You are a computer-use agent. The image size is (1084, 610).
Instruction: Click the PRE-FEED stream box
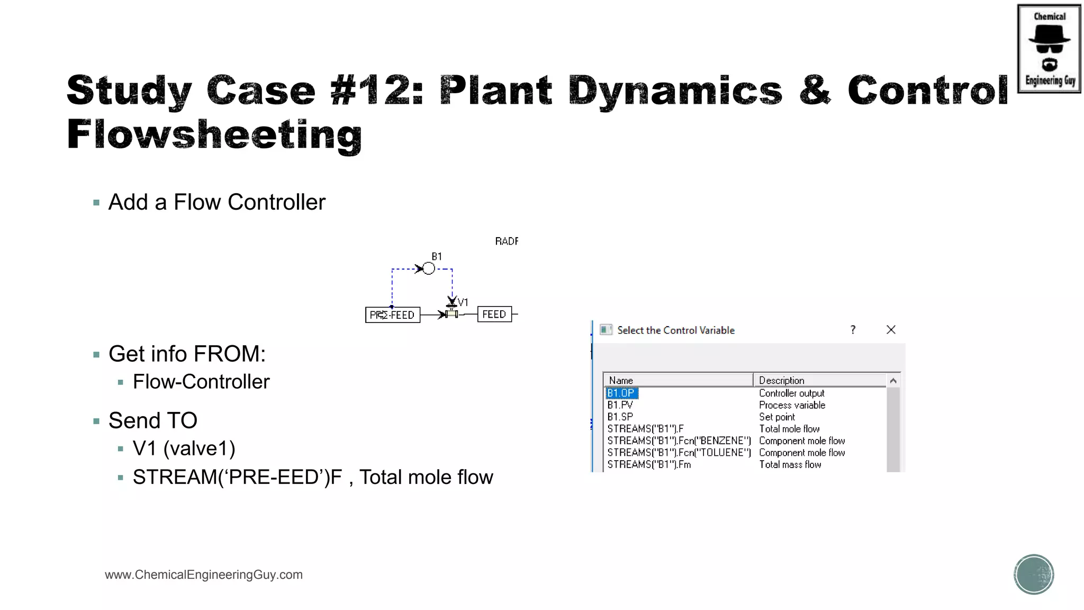point(392,315)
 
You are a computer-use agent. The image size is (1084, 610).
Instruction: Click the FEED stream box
point(494,314)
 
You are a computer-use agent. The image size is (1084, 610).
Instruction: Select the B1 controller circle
point(429,269)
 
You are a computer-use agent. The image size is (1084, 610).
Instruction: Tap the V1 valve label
point(463,302)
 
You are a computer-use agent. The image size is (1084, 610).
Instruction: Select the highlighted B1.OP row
point(621,393)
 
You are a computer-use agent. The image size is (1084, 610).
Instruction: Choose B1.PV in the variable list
point(620,405)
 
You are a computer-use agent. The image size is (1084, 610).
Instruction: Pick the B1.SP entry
point(620,417)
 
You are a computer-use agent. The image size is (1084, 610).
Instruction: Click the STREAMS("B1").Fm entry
point(649,464)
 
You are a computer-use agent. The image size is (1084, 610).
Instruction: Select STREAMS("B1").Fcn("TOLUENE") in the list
point(679,453)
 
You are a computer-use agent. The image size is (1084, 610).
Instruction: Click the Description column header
point(781,380)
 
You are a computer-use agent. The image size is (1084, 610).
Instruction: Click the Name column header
point(621,380)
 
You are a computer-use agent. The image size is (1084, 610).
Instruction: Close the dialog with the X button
point(891,330)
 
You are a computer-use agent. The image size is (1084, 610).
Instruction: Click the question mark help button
point(853,330)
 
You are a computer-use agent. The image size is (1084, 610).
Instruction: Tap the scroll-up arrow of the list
point(893,381)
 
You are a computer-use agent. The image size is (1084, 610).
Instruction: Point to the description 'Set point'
point(776,417)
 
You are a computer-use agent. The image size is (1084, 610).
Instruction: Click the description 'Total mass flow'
point(790,464)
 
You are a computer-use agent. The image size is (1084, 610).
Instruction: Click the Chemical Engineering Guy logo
point(1049,49)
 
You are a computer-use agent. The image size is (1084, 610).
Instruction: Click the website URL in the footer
point(204,575)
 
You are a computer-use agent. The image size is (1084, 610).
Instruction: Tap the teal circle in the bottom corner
point(1034,575)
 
